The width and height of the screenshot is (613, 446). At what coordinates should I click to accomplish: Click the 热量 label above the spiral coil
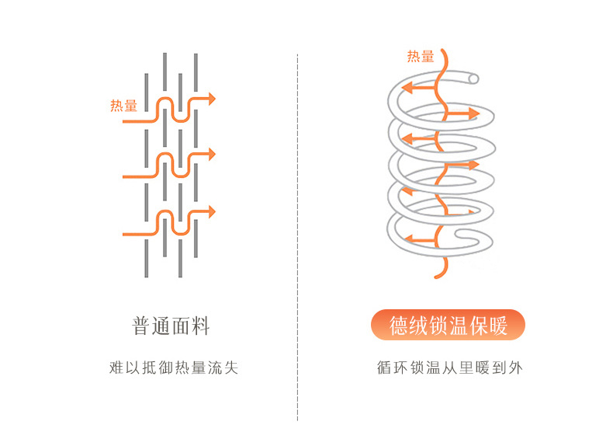(421, 56)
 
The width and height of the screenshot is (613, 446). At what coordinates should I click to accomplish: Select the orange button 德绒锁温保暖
(448, 326)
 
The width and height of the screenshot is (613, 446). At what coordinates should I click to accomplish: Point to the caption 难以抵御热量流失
(173, 368)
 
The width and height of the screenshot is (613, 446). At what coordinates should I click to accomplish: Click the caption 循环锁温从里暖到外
(449, 368)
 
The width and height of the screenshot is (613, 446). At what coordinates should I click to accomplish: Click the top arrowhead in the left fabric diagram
(211, 99)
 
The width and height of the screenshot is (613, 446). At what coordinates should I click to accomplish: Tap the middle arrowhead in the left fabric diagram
(211, 155)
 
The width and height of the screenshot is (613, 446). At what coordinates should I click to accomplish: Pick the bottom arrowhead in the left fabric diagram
(211, 211)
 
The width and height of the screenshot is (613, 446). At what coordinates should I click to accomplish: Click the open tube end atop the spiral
(473, 78)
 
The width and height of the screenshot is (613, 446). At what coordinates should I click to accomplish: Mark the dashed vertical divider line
(298, 233)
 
